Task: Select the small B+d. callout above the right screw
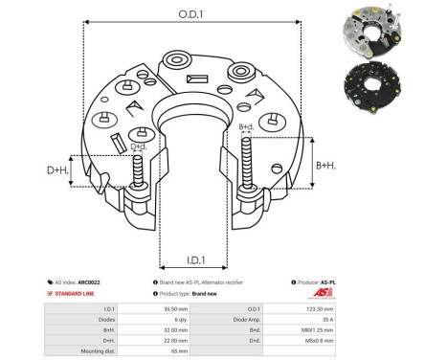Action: [246, 126]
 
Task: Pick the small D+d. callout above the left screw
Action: [139, 146]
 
